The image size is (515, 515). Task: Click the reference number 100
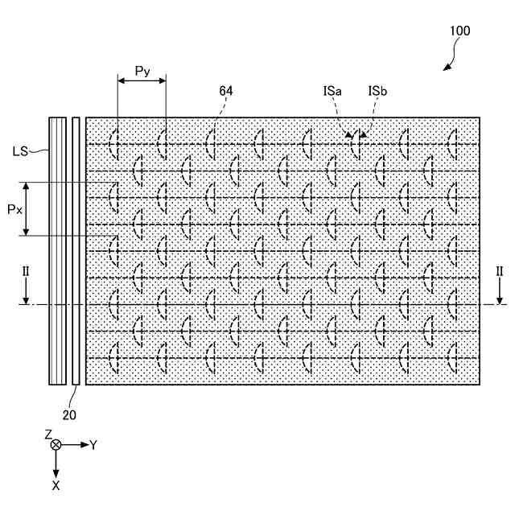pos(460,31)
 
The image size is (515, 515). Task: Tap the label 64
pos(225,92)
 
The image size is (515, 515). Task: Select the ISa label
pos(332,92)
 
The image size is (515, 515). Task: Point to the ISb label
pos(377,92)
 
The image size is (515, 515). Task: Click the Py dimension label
pos(142,71)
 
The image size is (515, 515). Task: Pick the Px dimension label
pos(14,208)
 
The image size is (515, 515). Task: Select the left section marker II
pos(25,272)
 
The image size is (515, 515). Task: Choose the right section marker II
pos(500,272)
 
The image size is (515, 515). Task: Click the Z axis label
pos(48,434)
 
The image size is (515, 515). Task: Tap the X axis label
pos(56,486)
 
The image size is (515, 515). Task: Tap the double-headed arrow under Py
pos(142,80)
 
